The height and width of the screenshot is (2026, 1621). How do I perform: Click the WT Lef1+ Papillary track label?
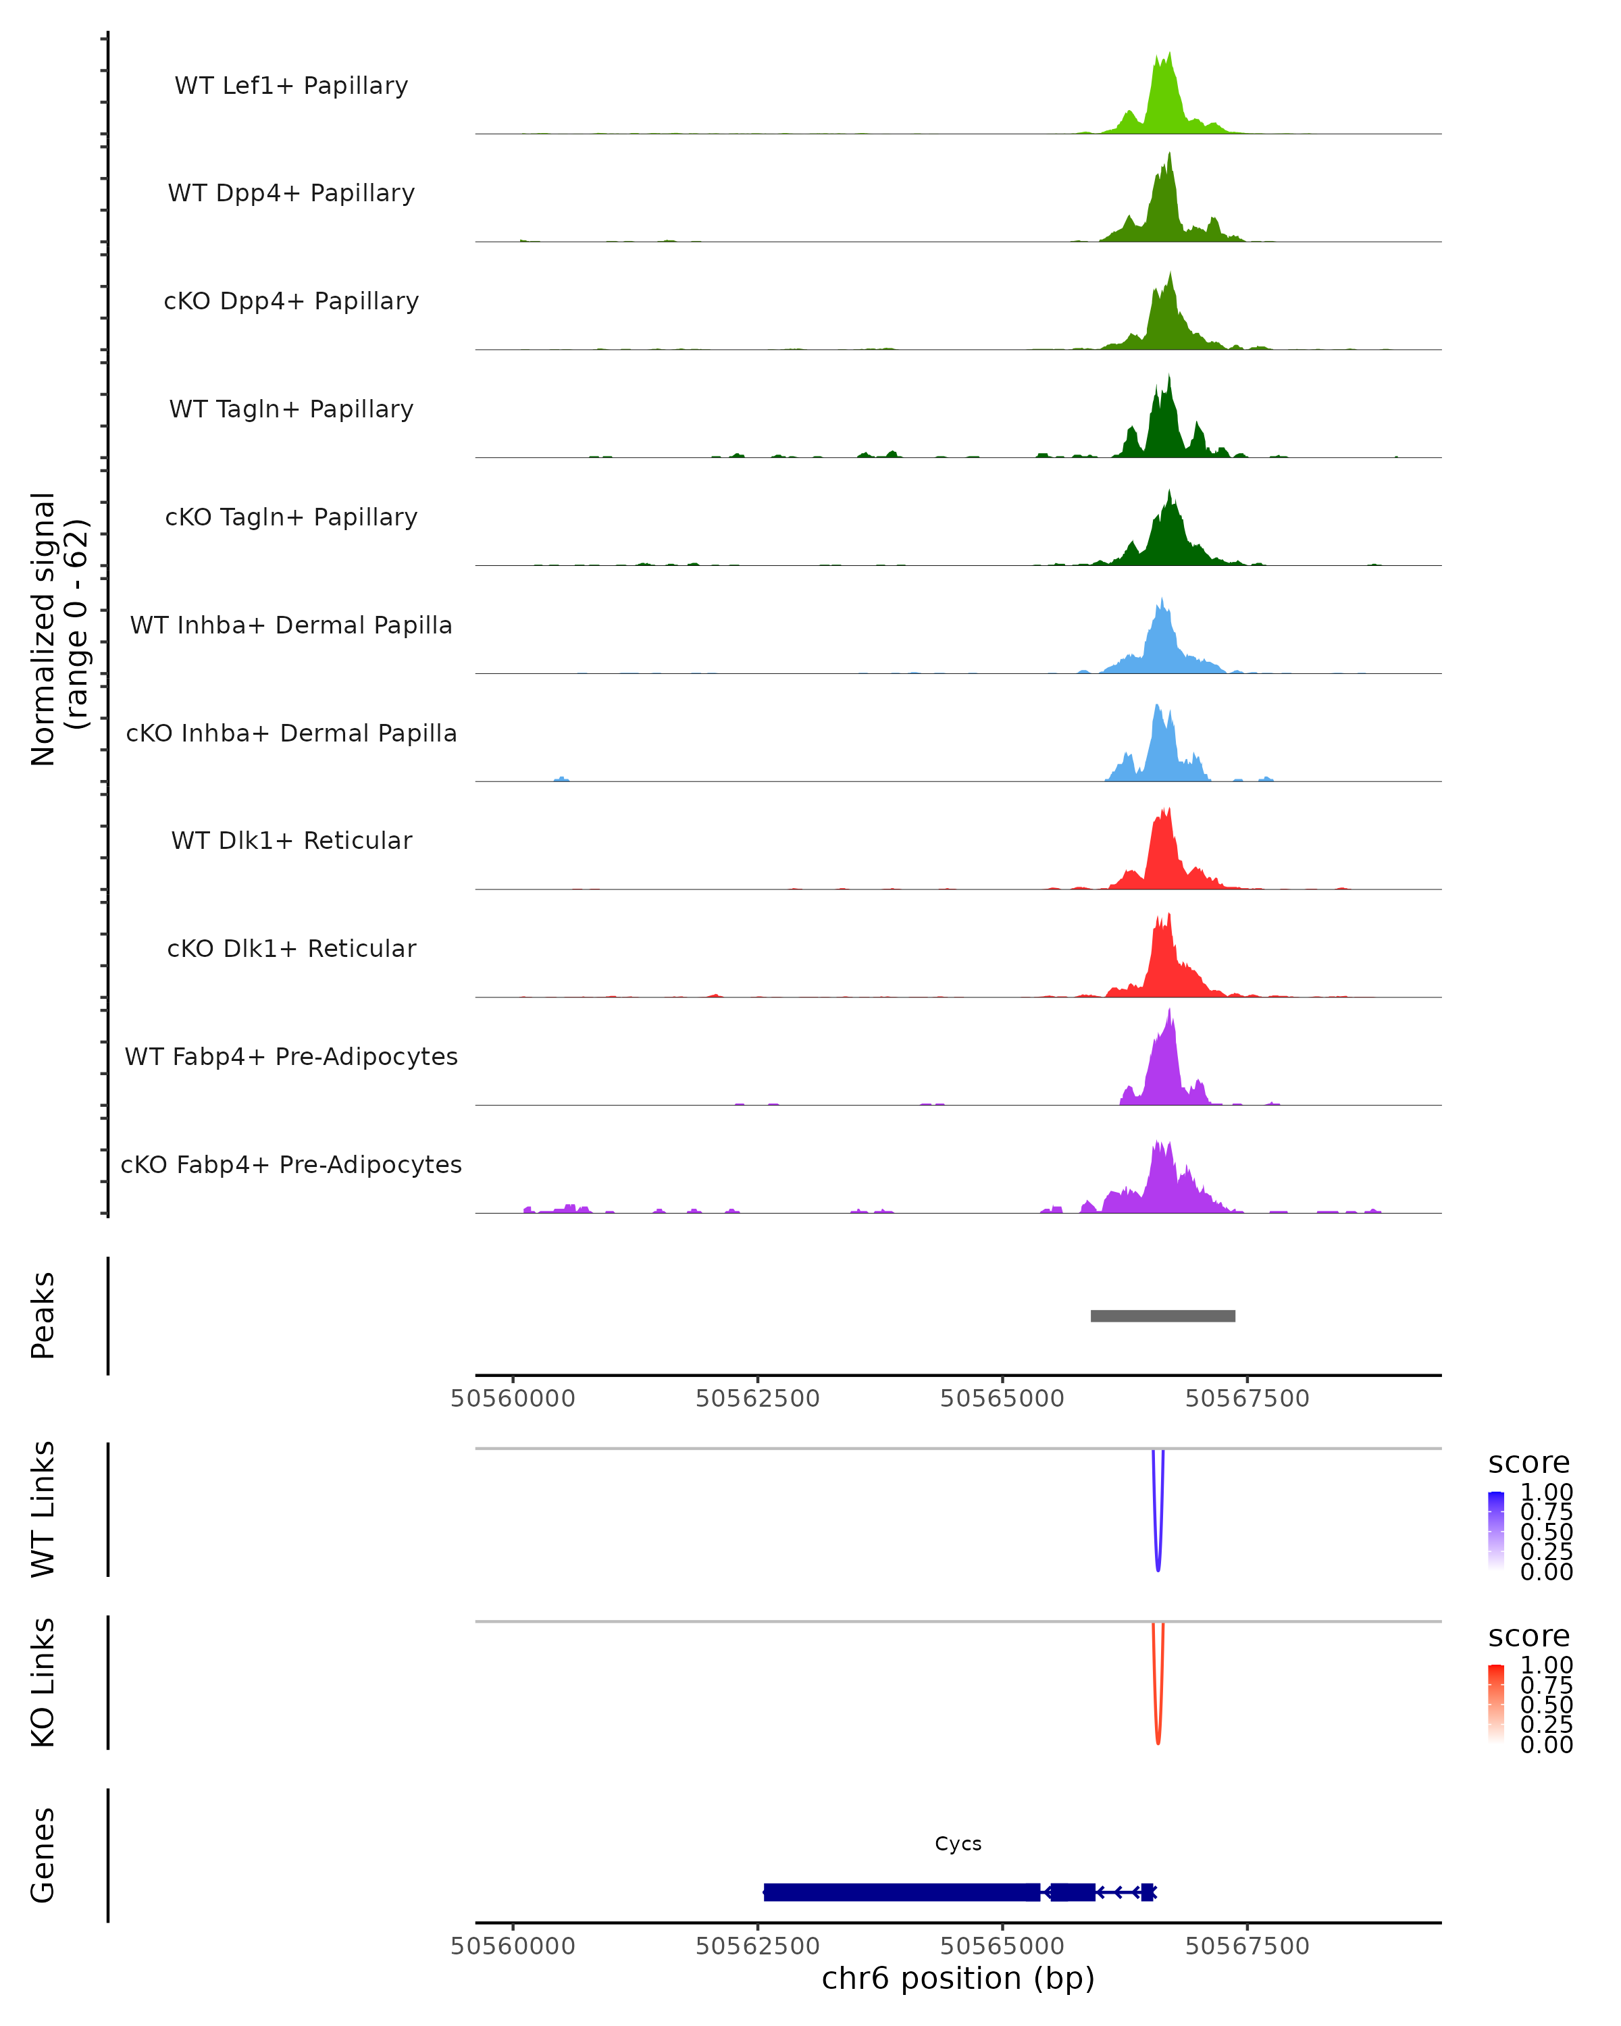point(291,86)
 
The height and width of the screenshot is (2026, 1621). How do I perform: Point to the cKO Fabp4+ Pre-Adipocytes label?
point(291,1164)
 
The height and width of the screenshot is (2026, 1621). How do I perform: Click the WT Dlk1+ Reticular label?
point(291,840)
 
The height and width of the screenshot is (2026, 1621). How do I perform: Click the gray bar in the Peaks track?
point(1162,1316)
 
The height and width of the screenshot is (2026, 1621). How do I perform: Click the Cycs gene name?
point(958,1844)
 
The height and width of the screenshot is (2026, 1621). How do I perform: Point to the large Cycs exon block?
point(902,1892)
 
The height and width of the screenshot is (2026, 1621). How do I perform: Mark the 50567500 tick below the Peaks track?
point(1247,1399)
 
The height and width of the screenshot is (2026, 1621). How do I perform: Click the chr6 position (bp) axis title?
point(958,1979)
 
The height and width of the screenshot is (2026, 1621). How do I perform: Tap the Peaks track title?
point(43,1316)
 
